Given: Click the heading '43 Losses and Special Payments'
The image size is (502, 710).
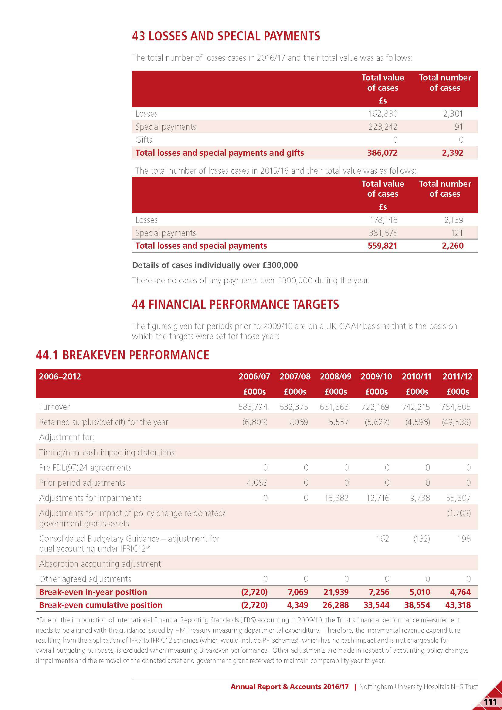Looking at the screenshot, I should [226, 36].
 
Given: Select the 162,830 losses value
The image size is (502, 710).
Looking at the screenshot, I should [383, 114].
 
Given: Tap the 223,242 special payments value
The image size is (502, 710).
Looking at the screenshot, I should [383, 127].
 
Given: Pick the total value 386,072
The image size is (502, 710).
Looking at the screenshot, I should [382, 153].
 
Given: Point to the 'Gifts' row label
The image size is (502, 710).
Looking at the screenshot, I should [144, 140].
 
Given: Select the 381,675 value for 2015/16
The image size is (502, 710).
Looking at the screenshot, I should [383, 233].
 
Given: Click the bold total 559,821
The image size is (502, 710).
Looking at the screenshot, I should [382, 246].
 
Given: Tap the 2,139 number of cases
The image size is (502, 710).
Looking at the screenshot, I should [453, 220].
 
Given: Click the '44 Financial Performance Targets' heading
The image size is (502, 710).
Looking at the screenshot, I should [235, 304].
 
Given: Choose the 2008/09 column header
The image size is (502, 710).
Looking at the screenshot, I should [335, 376].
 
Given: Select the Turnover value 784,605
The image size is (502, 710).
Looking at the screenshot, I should [456, 407].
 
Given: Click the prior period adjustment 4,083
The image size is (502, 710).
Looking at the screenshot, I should [257, 483].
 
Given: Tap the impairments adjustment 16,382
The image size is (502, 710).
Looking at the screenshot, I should [336, 498].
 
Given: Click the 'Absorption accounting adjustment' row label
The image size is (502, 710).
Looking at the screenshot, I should [100, 564].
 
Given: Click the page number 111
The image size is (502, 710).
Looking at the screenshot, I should [490, 701].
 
